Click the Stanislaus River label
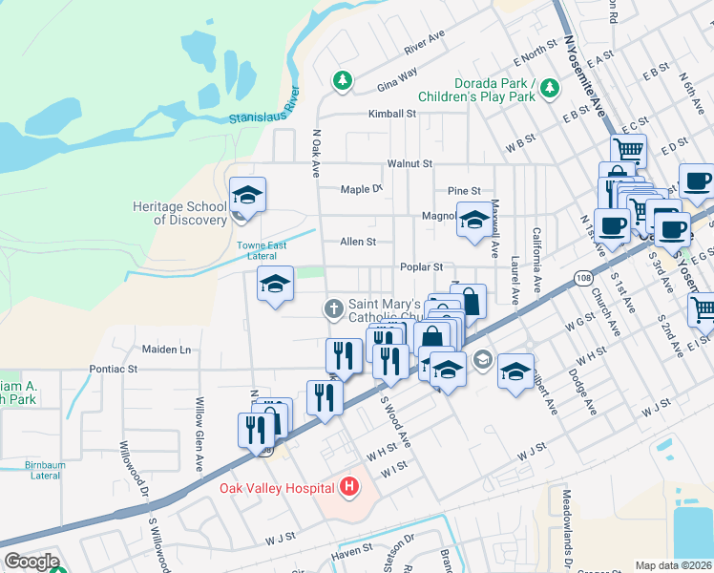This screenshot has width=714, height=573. (x=265, y=107)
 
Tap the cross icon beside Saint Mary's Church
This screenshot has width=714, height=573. (x=333, y=308)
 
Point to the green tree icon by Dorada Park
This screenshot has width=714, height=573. (x=550, y=89)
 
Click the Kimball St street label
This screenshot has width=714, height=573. (x=393, y=113)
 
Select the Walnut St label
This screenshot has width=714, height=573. (x=410, y=164)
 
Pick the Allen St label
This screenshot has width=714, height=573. (x=358, y=242)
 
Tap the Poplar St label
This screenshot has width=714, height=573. (x=422, y=267)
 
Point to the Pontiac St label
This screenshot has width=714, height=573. (x=115, y=368)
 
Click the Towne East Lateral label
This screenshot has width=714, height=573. (x=262, y=251)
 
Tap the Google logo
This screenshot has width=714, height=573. (x=31, y=562)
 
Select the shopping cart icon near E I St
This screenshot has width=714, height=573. (x=702, y=309)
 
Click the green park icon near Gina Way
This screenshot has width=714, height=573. (x=342, y=80)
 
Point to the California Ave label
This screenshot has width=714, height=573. (x=537, y=260)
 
